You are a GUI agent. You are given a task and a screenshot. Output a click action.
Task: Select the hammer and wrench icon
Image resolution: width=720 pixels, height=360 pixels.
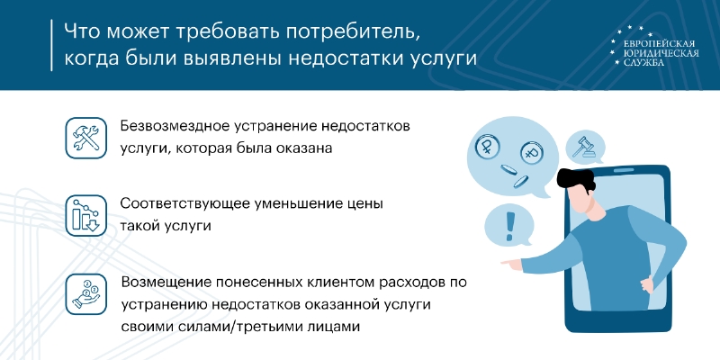point(85,138)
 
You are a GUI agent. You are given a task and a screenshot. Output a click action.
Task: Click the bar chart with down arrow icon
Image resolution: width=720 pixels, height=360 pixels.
point(85,215)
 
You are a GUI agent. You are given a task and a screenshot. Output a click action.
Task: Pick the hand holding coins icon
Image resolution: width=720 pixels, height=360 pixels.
point(85,294)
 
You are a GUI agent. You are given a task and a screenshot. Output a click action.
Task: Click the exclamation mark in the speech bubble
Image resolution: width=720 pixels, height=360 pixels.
point(508,225)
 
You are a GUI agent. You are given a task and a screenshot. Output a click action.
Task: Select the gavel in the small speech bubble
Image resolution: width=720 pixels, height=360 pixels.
point(583,147)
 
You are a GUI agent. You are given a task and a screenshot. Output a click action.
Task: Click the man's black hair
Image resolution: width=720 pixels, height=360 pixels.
point(576,178)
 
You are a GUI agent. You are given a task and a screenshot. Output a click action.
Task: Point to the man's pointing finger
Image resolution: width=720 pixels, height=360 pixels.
point(508,263)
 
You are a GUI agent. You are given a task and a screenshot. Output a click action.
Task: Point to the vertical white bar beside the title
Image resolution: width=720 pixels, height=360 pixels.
point(51,45)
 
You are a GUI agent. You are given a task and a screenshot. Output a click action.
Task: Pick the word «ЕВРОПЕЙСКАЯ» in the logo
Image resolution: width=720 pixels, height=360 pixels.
point(659,43)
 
